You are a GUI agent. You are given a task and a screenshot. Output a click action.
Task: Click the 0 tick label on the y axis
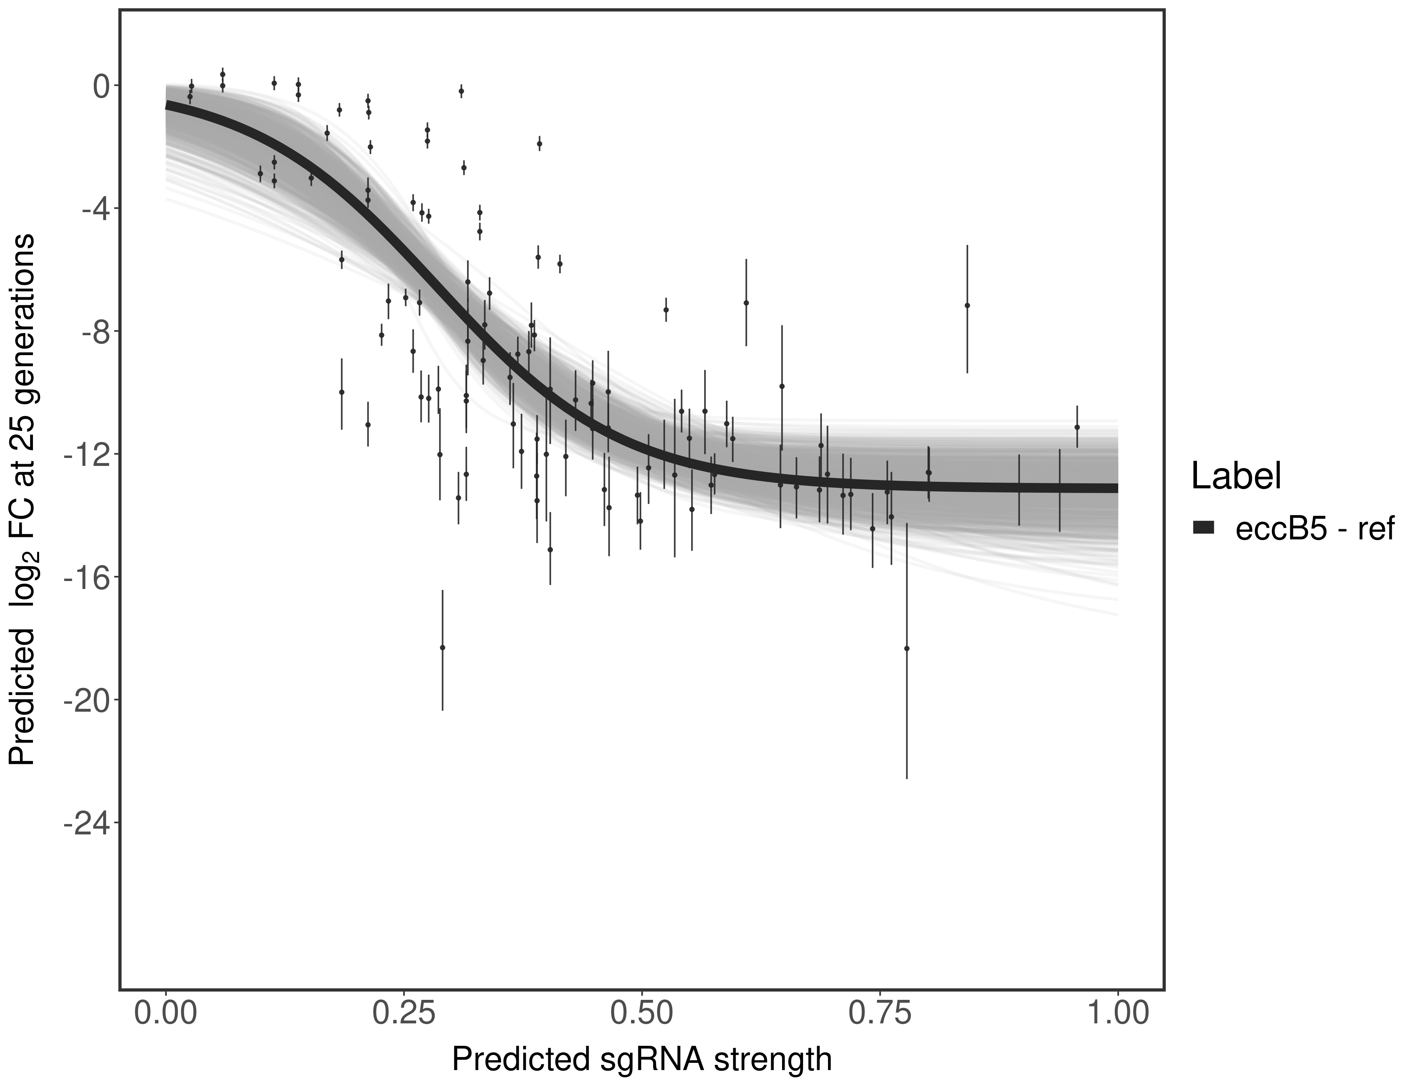pyautogui.click(x=101, y=86)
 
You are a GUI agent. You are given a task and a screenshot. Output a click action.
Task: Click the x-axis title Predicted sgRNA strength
pyautogui.click(x=641, y=1060)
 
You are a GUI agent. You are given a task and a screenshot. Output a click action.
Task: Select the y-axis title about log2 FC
pyautogui.click(x=23, y=500)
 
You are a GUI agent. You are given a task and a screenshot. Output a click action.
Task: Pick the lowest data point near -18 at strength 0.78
pyautogui.click(x=907, y=648)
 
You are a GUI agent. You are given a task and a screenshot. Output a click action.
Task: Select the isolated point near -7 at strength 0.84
pyautogui.click(x=967, y=305)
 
